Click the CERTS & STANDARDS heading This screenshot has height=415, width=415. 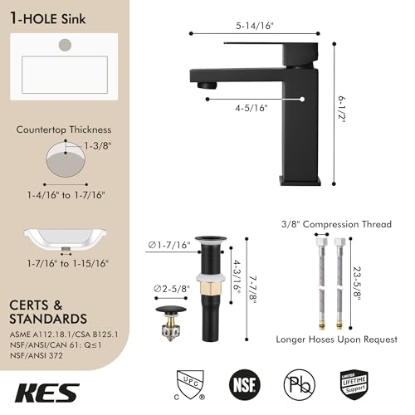48,311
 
